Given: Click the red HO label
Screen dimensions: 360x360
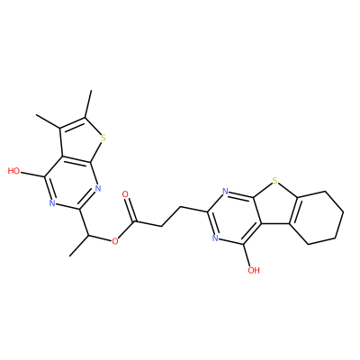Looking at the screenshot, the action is [x=13, y=171].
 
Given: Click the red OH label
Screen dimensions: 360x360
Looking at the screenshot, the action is [x=254, y=271].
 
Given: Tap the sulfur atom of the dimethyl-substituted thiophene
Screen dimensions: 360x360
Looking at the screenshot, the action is [x=103, y=139].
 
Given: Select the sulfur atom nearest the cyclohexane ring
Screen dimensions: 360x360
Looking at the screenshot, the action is [x=274, y=181].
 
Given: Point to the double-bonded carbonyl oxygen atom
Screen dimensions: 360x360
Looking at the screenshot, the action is [x=126, y=194].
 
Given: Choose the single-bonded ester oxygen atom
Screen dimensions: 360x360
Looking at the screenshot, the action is [x=114, y=241].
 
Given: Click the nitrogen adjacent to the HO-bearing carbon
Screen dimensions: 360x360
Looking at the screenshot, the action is [x=52, y=203].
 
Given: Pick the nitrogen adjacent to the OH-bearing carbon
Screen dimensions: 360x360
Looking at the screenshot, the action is [x=215, y=238].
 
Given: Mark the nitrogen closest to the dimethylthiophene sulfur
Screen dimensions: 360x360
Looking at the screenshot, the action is [x=98, y=188].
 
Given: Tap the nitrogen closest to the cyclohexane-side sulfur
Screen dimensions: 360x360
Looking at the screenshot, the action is [x=225, y=191].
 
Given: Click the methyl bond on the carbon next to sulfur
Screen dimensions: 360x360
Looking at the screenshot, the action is [x=88, y=103].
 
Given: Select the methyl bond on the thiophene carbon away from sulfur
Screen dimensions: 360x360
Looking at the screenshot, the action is [x=48, y=121].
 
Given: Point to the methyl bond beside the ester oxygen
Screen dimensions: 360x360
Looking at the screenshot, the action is [x=79, y=246].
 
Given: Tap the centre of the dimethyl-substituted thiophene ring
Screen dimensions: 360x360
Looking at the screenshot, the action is [x=80, y=141].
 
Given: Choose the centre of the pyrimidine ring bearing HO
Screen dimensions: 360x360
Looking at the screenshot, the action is [x=71, y=184].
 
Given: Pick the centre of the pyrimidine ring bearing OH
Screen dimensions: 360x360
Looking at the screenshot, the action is [x=235, y=218].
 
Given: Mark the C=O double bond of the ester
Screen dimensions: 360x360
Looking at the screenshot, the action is [x=130, y=210].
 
